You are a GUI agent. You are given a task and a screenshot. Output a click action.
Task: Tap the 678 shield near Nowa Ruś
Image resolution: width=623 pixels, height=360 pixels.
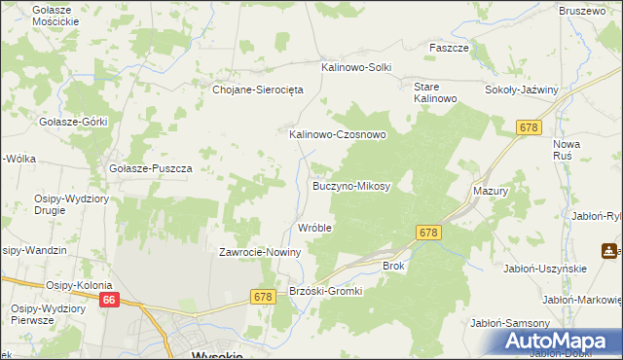[529, 127]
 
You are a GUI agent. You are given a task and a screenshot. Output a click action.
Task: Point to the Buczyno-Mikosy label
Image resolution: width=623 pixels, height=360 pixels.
[351, 185]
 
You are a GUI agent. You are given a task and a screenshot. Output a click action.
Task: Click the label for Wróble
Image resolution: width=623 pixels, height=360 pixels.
[314, 228]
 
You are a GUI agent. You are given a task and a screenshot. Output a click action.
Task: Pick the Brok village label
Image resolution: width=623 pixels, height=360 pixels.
[393, 265]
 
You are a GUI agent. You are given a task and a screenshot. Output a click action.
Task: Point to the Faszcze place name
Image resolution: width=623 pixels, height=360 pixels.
[450, 48]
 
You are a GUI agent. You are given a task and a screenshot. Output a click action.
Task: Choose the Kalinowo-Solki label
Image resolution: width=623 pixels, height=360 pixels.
[356, 67]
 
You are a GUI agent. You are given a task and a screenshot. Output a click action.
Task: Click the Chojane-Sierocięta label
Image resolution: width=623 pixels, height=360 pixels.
[259, 89]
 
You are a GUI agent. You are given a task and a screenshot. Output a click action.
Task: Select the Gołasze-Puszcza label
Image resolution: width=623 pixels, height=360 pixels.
[151, 168]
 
